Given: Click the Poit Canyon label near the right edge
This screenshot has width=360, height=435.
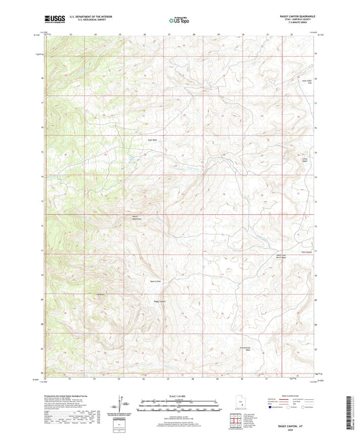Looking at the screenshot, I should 307,253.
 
